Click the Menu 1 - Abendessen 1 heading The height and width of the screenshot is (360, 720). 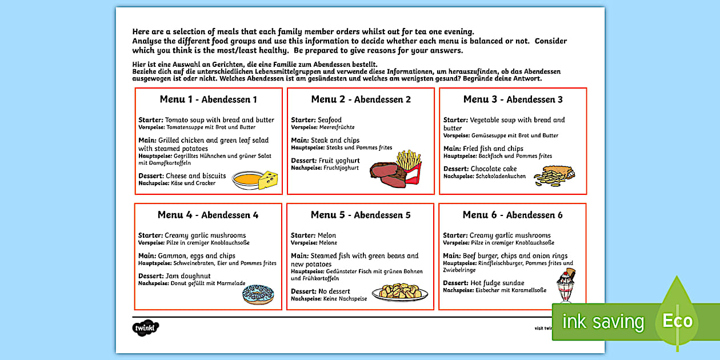[208, 99]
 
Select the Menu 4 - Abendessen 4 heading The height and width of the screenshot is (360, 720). [208, 215]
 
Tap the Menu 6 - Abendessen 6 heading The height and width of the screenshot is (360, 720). [513, 215]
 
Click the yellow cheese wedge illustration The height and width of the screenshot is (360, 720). [268, 181]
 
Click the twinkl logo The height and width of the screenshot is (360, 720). [145, 328]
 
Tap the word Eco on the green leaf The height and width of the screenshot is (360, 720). [677, 321]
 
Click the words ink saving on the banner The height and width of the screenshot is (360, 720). [603, 322]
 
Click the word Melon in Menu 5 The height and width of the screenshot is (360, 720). [326, 235]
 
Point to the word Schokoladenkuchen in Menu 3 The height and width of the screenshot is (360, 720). [501, 177]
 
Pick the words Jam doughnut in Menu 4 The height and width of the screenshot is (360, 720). [188, 276]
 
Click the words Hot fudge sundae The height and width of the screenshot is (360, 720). [497, 283]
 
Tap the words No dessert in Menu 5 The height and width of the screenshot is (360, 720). [334, 291]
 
